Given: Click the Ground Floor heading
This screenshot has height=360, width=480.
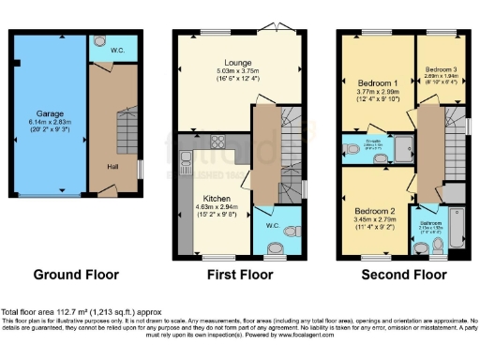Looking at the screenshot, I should coord(76,275).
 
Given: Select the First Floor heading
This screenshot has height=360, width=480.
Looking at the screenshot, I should coord(240,275).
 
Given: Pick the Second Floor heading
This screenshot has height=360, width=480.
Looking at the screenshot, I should coord(404,275).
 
